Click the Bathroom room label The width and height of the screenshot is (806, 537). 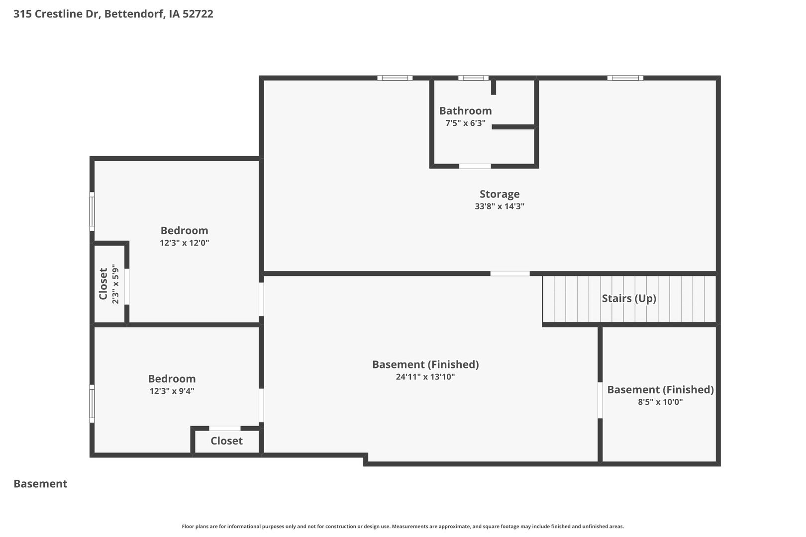pos(465,111)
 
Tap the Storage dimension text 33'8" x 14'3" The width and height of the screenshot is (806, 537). pos(500,206)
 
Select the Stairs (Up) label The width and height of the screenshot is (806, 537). pos(629,298)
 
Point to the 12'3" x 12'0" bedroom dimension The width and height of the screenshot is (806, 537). pos(184,243)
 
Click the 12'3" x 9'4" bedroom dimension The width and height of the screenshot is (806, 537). pos(172,391)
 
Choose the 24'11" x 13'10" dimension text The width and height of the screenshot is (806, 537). pos(425,377)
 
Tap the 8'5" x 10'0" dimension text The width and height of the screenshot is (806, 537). pos(660,402)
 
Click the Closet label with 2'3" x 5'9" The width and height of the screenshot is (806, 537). pos(103,284)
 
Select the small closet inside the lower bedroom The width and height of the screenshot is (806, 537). pos(226,441)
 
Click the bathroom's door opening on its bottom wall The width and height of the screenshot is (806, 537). pos(475,166)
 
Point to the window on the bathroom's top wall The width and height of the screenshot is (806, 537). pos(473,78)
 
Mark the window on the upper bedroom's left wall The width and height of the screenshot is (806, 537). pos(92,211)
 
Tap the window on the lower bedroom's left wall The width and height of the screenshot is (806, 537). pos(92,404)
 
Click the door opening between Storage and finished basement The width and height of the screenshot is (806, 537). pos(510,273)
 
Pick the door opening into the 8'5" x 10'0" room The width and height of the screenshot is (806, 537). pos(600,400)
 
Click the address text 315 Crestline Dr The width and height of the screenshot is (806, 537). pos(57,13)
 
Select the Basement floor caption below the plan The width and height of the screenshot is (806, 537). pos(40,484)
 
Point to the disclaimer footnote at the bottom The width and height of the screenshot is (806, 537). pos(403,527)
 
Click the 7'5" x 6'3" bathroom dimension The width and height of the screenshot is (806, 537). pos(465,123)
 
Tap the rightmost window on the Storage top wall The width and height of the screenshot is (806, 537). pos(625,78)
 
